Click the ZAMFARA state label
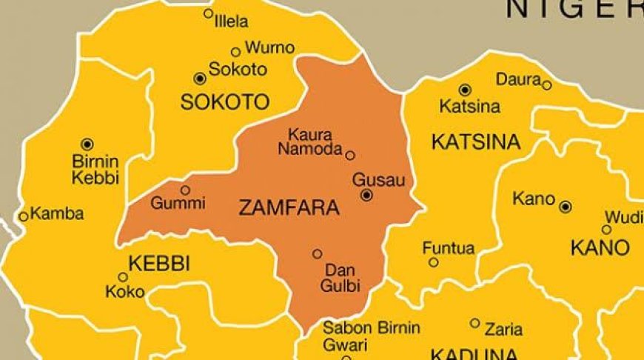[289, 209]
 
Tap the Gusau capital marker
[366, 195]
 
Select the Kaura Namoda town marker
[350, 156]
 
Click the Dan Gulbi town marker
[317, 254]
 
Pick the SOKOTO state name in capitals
[225, 102]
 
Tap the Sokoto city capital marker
[199, 79]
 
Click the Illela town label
[231, 22]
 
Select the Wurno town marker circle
[235, 52]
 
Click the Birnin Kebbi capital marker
[87, 144]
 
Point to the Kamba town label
[56, 214]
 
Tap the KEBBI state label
[159, 263]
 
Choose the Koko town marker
[123, 277]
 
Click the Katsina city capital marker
[464, 90]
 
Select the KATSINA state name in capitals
[476, 141]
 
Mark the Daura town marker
[546, 85]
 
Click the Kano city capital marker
[565, 207]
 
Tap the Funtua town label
[449, 248]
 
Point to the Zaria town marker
[475, 323]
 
